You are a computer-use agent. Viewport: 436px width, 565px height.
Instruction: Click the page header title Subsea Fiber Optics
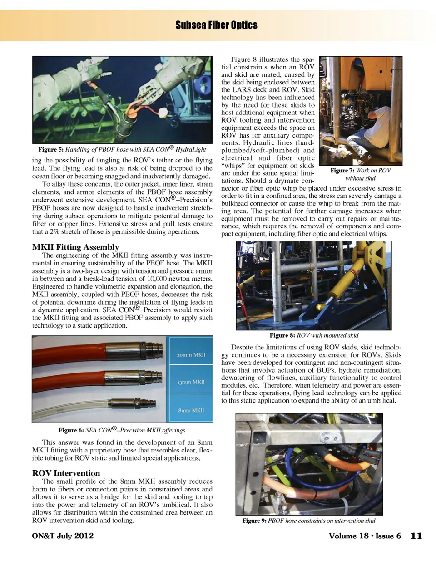tap(216, 25)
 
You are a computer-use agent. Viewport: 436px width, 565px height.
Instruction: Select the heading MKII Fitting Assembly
tap(75, 247)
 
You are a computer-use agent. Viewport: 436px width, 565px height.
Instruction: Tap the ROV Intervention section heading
tap(66, 473)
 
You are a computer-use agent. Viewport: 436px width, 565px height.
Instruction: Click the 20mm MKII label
tap(191, 354)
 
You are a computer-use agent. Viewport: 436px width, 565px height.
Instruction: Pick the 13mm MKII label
tap(191, 382)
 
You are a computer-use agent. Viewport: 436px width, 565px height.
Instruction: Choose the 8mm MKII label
tap(191, 410)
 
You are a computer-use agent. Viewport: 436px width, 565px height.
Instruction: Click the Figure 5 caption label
tap(51, 149)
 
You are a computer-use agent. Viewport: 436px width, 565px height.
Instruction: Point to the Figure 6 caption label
tap(71, 430)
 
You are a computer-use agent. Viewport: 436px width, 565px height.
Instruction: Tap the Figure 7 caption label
tap(342, 170)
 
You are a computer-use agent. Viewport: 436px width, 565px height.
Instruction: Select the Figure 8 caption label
tap(282, 335)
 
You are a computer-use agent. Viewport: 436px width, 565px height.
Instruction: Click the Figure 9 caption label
tap(254, 521)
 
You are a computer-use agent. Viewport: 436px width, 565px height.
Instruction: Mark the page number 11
tap(416, 536)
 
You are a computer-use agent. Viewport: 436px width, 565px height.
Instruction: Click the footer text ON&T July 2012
tap(63, 536)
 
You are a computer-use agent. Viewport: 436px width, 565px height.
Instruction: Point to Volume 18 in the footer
tap(348, 536)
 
